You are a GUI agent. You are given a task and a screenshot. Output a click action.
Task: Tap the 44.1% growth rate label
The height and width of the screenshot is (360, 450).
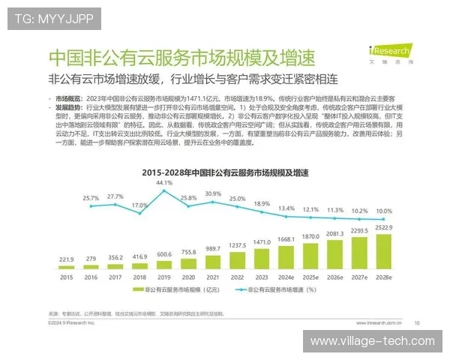pos(163,182)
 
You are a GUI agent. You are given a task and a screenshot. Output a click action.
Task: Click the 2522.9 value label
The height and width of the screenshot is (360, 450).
pos(382,228)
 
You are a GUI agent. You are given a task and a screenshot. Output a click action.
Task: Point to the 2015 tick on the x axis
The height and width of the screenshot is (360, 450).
pos(66,277)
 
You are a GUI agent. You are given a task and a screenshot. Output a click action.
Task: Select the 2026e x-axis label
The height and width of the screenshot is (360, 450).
pos(334,277)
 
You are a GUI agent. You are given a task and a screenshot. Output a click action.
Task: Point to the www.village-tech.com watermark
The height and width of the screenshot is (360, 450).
pos(373,341)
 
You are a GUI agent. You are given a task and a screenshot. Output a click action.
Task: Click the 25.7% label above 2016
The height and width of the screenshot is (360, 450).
pos(91,198)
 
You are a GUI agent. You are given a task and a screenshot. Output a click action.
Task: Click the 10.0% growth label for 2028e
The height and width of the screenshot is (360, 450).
pos(382,211)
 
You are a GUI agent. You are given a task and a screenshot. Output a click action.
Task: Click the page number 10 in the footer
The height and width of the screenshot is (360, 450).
pos(417,324)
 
